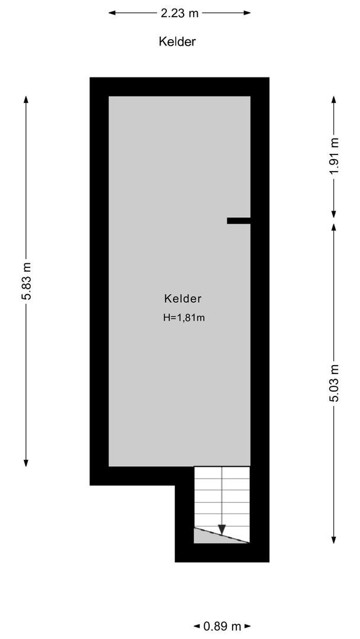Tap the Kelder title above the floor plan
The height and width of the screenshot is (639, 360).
coord(177,41)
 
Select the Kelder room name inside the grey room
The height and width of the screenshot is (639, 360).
coord(183,299)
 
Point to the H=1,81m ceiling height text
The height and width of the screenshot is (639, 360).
coord(184,318)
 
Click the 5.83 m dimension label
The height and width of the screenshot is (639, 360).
coord(27,281)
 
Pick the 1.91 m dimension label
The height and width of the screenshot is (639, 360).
coord(335,156)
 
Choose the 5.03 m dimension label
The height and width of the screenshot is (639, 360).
coord(335,383)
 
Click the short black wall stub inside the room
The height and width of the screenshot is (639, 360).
coord(239,221)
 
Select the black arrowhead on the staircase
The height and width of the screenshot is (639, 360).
coord(222,529)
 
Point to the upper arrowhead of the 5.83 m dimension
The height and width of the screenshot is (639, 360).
coord(27,99)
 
